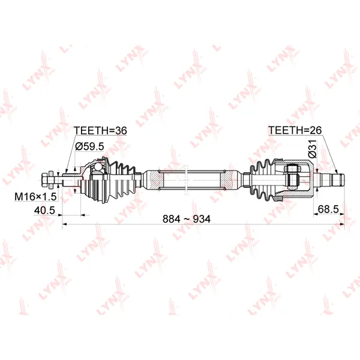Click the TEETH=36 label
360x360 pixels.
pos(100,131)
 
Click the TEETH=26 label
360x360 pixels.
pos(295,130)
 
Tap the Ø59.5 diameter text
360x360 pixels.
pos(89,146)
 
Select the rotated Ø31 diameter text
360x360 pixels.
pos(313,149)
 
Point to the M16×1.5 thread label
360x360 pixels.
pos(35,197)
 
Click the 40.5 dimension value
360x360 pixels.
pos(44,211)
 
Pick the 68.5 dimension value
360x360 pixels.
pos(328,209)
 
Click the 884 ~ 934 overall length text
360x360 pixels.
pos(187,219)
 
